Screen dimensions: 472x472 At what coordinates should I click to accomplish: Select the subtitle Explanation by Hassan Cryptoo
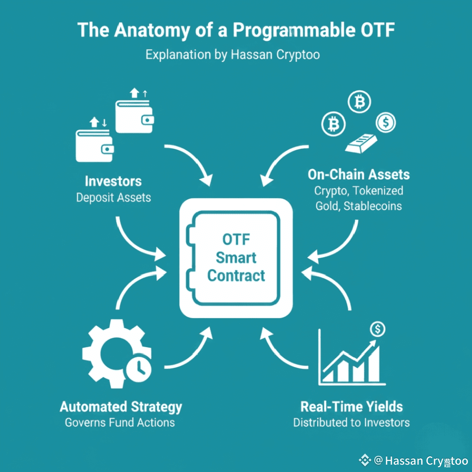tap(233, 54)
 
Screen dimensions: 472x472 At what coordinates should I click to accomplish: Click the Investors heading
tap(113, 181)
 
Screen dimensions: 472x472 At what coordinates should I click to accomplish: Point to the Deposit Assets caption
tap(113, 198)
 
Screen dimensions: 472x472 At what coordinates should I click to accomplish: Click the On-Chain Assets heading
tap(359, 175)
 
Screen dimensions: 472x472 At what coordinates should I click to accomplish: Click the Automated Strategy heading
tap(121, 407)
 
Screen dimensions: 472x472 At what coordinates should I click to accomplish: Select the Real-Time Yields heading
tap(351, 407)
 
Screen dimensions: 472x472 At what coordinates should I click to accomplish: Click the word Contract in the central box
tap(236, 276)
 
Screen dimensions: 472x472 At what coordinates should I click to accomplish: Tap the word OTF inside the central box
tap(236, 240)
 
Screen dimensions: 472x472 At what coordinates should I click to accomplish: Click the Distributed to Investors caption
tap(351, 422)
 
